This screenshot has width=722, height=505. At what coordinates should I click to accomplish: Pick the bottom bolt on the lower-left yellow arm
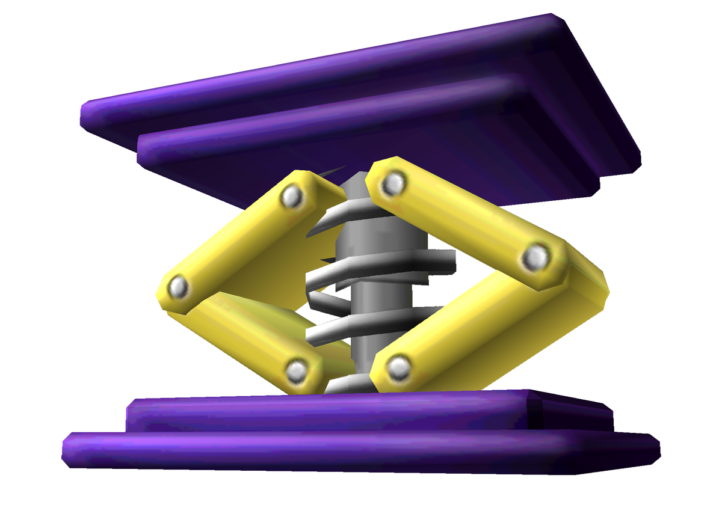[295, 371]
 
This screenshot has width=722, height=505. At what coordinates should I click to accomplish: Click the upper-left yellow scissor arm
[241, 240]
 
